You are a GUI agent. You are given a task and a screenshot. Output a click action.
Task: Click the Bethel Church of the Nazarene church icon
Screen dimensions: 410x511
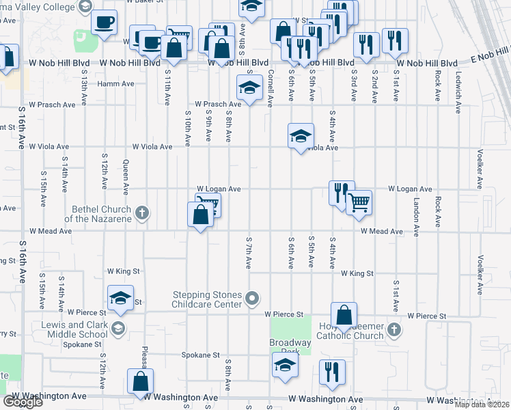pyautogui.click(x=142, y=213)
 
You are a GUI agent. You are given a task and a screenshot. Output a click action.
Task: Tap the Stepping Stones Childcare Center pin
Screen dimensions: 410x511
pyautogui.click(x=253, y=298)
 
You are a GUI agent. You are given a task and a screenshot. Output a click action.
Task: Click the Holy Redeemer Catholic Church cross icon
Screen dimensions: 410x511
pyautogui.click(x=393, y=330)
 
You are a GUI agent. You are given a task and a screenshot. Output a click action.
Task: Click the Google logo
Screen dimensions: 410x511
pyautogui.click(x=23, y=401)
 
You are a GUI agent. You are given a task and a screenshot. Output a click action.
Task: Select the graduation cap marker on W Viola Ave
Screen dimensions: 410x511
pyautogui.click(x=301, y=135)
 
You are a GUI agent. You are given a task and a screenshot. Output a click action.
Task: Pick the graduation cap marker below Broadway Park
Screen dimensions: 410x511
pyautogui.click(x=286, y=365)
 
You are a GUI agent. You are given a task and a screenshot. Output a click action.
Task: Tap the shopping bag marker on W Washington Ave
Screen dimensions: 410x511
pyautogui.click(x=140, y=382)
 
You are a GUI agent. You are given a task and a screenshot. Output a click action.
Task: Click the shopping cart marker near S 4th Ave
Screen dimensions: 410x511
pyautogui.click(x=359, y=202)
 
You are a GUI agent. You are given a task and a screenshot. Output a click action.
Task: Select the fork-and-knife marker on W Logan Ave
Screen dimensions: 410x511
pyautogui.click(x=342, y=193)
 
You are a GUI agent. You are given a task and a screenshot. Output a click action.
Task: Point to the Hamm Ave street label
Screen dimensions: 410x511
pyautogui.click(x=115, y=83)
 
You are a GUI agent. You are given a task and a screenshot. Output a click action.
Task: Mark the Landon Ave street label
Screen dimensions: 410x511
pyautogui.click(x=416, y=212)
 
